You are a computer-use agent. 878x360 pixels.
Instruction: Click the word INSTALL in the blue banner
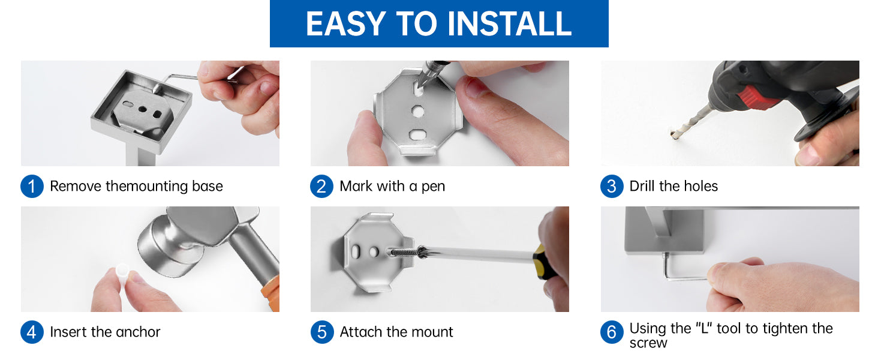click(x=509, y=23)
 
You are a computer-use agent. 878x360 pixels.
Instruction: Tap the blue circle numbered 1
click(x=32, y=186)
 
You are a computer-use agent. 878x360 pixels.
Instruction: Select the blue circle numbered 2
click(x=321, y=186)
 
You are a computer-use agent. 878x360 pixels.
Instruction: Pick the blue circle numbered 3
click(x=612, y=186)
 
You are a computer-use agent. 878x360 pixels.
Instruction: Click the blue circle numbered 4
click(x=32, y=332)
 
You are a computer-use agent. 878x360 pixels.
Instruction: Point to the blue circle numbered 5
click(x=322, y=332)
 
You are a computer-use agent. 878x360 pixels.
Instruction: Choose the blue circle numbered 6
click(x=612, y=332)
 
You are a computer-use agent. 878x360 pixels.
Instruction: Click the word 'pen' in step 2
click(x=433, y=187)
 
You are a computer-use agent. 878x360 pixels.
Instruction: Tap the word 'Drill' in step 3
click(x=642, y=186)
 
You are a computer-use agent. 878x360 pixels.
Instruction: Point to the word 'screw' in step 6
click(x=648, y=344)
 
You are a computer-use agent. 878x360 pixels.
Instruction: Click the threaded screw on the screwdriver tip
click(x=404, y=252)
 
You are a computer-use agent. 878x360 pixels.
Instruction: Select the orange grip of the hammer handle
click(x=271, y=293)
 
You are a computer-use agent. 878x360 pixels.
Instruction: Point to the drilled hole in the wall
click(x=673, y=135)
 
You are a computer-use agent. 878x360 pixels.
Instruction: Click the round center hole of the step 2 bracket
click(x=418, y=112)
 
